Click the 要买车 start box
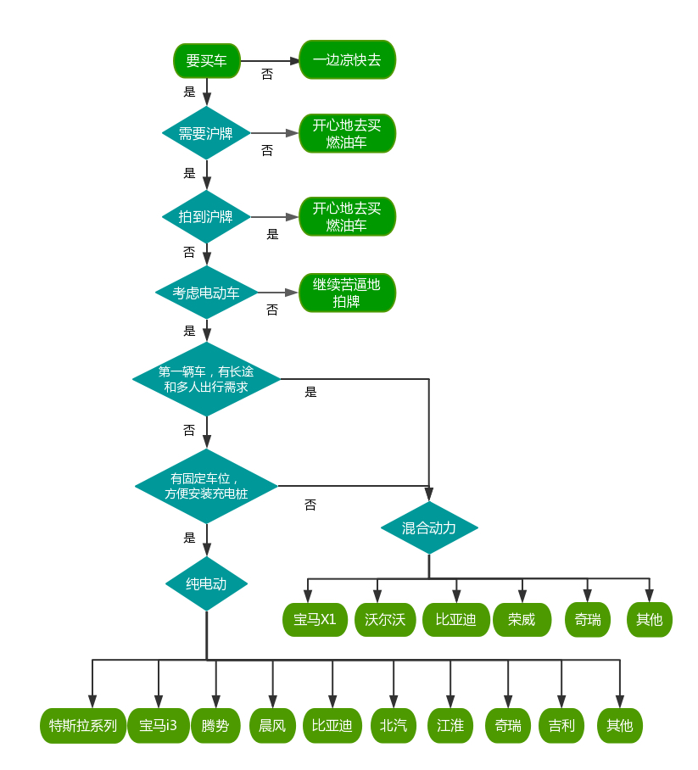(x=206, y=60)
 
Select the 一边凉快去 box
(x=347, y=60)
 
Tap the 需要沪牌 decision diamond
(x=206, y=133)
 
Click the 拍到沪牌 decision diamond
(x=206, y=216)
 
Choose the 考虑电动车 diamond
(x=206, y=293)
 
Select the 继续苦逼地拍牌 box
(x=347, y=293)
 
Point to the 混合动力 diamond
(x=429, y=528)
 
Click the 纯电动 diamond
(x=206, y=583)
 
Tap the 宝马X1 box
(x=315, y=619)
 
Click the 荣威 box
(x=522, y=619)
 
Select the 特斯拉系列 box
(x=83, y=726)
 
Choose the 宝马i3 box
(x=159, y=726)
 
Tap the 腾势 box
(x=215, y=726)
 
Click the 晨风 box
(x=273, y=726)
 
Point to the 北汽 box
(x=394, y=726)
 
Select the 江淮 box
(x=450, y=726)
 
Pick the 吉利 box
(x=561, y=726)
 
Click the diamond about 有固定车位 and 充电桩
(x=206, y=486)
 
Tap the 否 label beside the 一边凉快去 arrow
(x=267, y=75)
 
